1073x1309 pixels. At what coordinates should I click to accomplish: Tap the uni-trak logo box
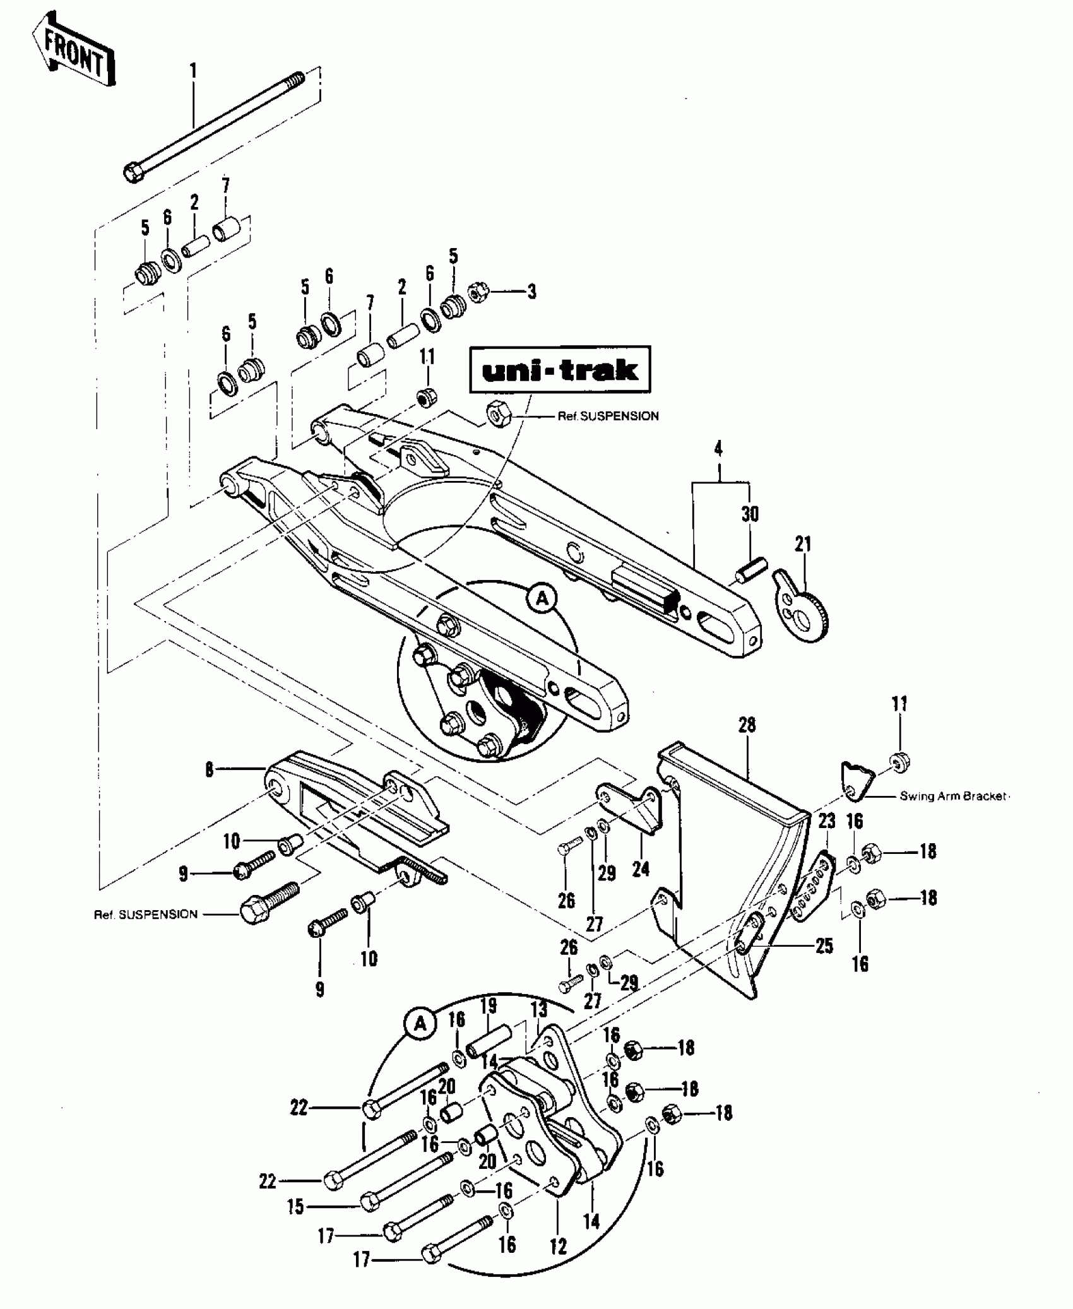pos(560,370)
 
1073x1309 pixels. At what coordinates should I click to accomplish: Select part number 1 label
pos(194,70)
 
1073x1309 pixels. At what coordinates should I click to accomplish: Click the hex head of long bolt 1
pos(133,172)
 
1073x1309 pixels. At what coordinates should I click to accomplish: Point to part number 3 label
pos(532,292)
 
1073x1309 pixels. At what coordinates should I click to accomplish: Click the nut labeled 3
pos(478,292)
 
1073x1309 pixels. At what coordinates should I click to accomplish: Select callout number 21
pos(803,543)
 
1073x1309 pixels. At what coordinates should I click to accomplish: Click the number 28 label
pos(747,725)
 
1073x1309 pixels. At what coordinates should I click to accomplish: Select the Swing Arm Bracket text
pos(952,797)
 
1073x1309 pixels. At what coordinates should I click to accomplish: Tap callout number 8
pos(209,770)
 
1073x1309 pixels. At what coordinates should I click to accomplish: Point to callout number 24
pos(641,870)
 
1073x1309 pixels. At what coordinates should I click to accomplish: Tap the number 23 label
pos(827,821)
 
